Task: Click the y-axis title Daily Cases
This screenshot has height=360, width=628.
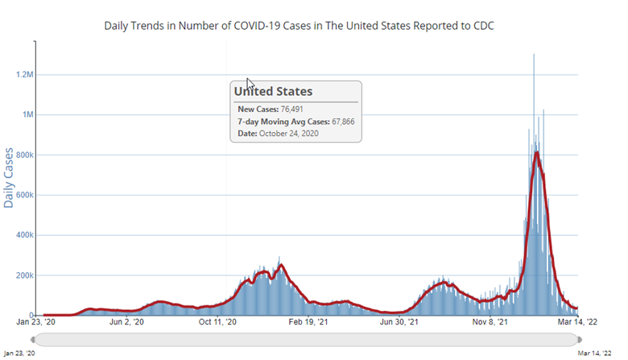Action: [x=10, y=178]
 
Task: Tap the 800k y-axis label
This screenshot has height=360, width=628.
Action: [x=23, y=155]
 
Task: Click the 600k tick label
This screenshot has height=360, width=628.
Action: [x=23, y=195]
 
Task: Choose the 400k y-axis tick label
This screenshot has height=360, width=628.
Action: [x=23, y=235]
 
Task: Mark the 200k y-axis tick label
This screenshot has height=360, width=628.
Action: [x=23, y=275]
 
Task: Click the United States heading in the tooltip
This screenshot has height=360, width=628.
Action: [x=273, y=92]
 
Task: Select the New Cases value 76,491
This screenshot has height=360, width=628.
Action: [x=292, y=109]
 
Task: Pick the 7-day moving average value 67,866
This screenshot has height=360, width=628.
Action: [x=337, y=121]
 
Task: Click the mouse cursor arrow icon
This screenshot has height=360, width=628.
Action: [x=250, y=84]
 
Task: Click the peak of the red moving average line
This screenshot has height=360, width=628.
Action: [x=536, y=152]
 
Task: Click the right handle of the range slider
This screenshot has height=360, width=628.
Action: [x=579, y=339]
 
